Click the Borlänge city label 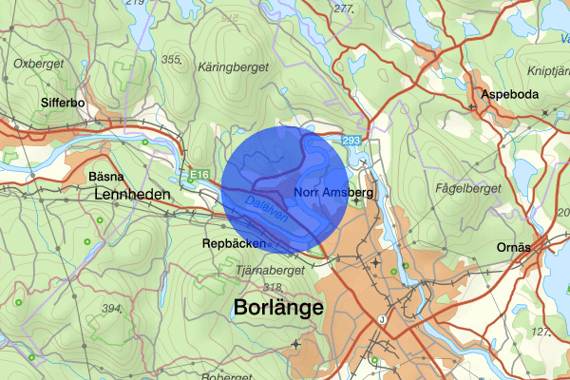coord(277,309)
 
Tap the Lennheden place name coord(132,195)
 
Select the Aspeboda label coord(510,95)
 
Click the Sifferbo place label coord(64,101)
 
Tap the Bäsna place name coord(105,177)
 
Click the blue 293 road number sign coord(351,141)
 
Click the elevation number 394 coord(113,309)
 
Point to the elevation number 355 coord(171,60)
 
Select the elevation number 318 coord(273,287)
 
